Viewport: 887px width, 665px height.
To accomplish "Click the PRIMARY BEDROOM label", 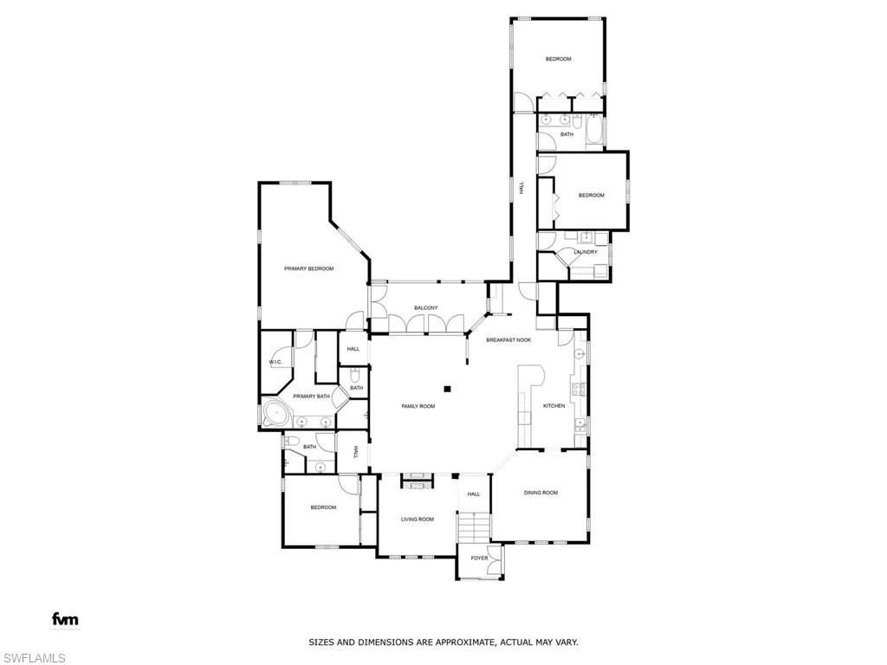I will point(308,268).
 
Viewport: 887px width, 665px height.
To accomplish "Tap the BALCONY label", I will point(425,308).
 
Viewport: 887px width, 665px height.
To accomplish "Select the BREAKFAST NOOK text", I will point(508,340).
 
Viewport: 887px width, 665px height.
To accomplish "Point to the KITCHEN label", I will point(554,406).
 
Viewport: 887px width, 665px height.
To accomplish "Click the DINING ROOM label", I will point(541,493).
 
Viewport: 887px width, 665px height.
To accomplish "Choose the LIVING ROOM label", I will point(417,520).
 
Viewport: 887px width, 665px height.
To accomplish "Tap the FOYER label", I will point(479,558).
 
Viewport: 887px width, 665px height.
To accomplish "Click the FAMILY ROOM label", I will point(418,406).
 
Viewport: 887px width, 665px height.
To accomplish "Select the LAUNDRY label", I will point(586,252).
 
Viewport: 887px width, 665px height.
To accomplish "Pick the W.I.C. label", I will point(275,362).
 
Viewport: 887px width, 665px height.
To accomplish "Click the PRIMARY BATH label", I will point(311,397).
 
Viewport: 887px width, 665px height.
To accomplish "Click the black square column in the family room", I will point(448,388).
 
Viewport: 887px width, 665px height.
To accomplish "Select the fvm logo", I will point(65,619).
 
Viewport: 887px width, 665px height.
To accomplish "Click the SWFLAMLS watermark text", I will point(33,658).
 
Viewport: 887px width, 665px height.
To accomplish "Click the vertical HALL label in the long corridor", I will point(521,187).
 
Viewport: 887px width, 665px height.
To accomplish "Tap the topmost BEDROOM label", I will point(558,59).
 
